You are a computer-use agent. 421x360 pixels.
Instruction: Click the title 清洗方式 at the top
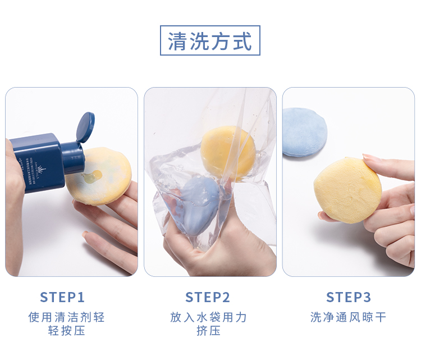tap(210, 41)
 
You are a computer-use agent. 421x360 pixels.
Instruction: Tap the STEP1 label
tap(62, 297)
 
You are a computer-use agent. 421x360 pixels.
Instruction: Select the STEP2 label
tap(208, 297)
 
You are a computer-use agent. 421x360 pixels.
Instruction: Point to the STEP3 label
tap(349, 297)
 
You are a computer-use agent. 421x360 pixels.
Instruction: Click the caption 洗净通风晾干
tap(348, 317)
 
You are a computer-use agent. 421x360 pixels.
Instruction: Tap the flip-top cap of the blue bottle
tap(85, 127)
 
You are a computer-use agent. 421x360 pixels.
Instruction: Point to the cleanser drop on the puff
tap(92, 176)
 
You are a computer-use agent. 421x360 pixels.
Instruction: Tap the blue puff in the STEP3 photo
tap(304, 132)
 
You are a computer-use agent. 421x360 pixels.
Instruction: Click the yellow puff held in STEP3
tap(347, 190)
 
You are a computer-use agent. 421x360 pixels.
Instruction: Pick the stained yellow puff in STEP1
tap(100, 176)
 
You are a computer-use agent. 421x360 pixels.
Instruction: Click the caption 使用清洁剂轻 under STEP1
tap(66, 317)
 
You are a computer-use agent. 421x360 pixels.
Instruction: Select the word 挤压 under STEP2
tap(208, 331)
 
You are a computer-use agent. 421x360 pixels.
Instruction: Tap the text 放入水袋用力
tap(208, 317)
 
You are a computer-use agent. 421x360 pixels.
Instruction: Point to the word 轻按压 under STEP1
tap(67, 331)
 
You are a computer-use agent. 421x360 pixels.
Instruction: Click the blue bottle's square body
tap(38, 162)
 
